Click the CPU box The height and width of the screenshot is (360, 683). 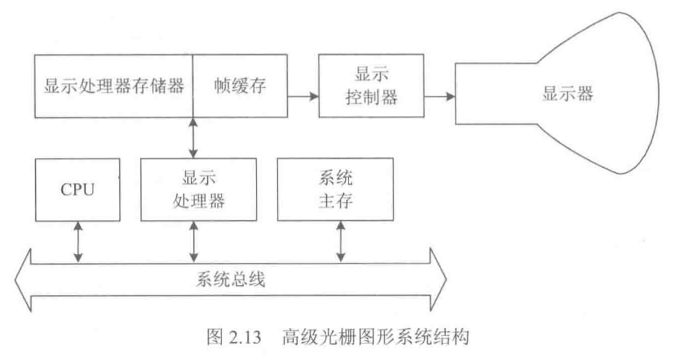[77, 189]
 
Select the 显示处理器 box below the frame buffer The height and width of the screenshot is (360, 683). [194, 189]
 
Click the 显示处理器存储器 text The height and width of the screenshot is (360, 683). [114, 85]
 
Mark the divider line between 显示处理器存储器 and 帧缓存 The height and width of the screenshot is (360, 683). [193, 85]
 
